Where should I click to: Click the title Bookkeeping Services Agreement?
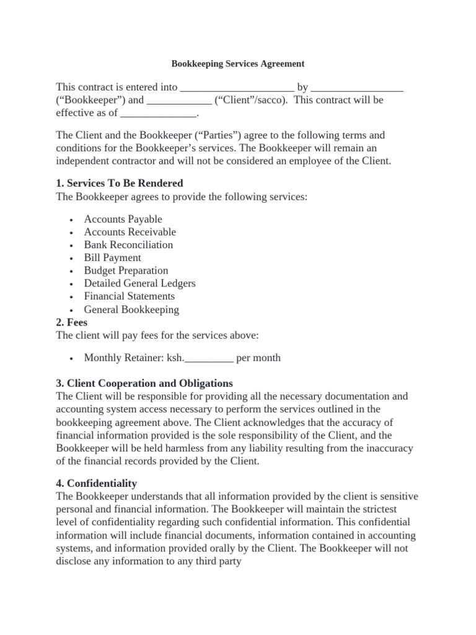(x=237, y=63)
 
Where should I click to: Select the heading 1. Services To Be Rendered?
(x=119, y=184)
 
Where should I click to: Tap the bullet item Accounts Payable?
(x=123, y=219)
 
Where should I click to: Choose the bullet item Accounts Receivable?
(x=130, y=232)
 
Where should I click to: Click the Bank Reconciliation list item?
(x=128, y=245)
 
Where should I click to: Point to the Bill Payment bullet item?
(x=112, y=257)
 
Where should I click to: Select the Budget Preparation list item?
(x=126, y=270)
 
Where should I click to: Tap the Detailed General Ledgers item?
(x=139, y=283)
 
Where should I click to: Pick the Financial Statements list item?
(x=129, y=296)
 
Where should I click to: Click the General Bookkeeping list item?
(x=131, y=309)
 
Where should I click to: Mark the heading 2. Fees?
(x=72, y=322)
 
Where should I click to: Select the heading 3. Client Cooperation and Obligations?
(x=144, y=383)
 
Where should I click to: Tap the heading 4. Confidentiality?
(x=97, y=483)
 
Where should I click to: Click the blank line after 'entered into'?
(x=237, y=88)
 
